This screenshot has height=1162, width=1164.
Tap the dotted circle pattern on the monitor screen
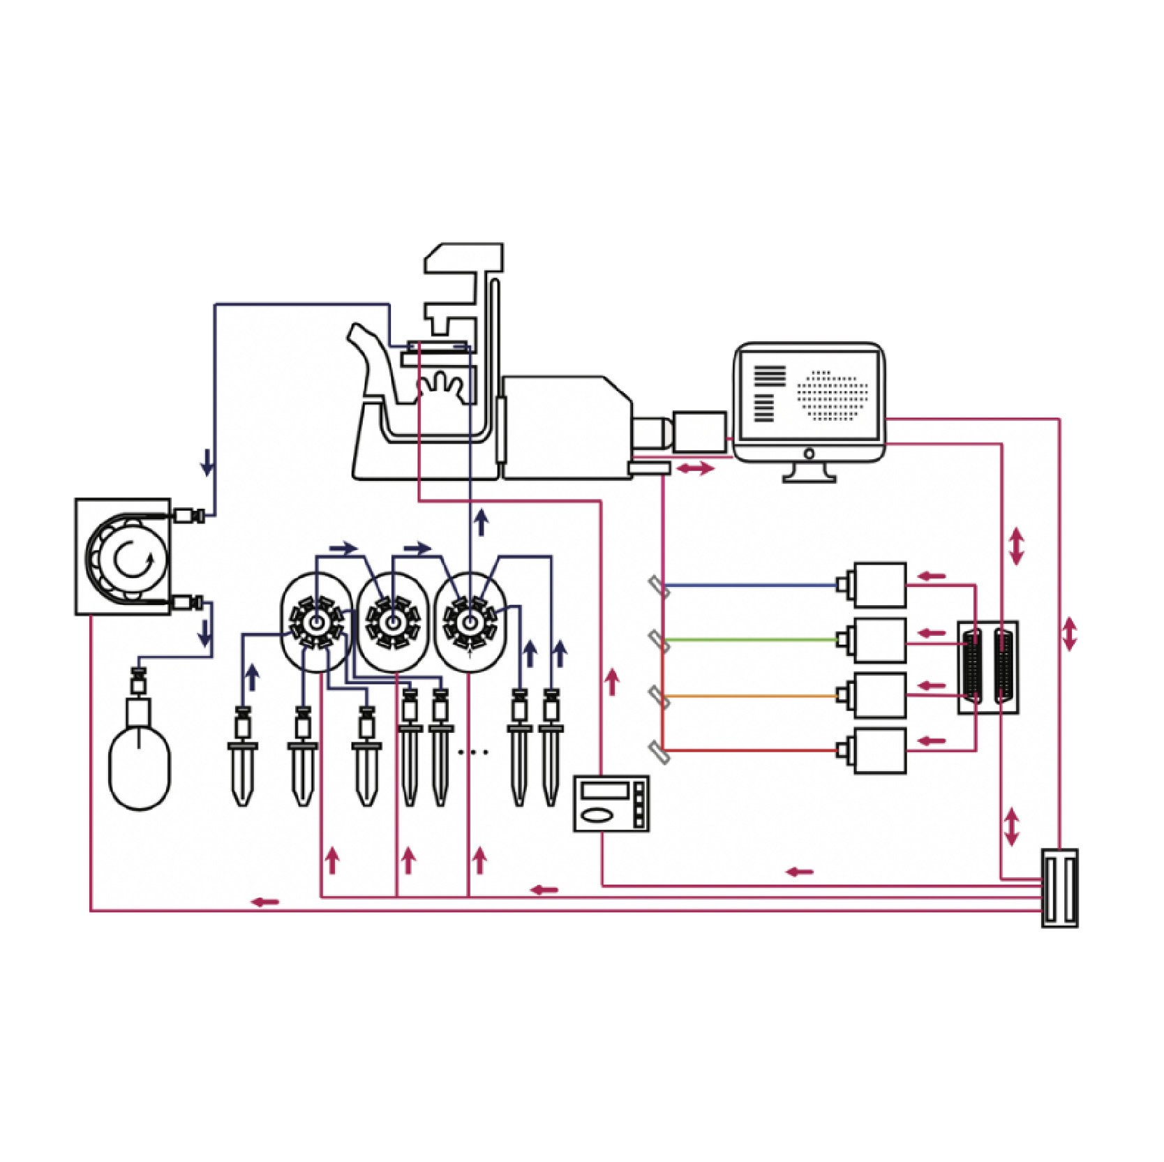833,396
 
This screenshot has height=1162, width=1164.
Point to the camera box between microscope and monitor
699,433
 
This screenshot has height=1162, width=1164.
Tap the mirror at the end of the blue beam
659,586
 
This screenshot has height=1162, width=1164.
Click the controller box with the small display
611,803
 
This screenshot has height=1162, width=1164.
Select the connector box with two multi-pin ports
987,667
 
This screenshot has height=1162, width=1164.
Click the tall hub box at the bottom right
1059,888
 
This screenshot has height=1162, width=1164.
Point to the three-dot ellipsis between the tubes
474,752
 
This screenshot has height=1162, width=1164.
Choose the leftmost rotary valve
316,622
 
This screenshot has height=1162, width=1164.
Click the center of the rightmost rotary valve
470,622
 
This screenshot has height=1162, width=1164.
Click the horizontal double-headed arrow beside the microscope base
695,468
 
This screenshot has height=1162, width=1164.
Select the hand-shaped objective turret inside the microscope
439,386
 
